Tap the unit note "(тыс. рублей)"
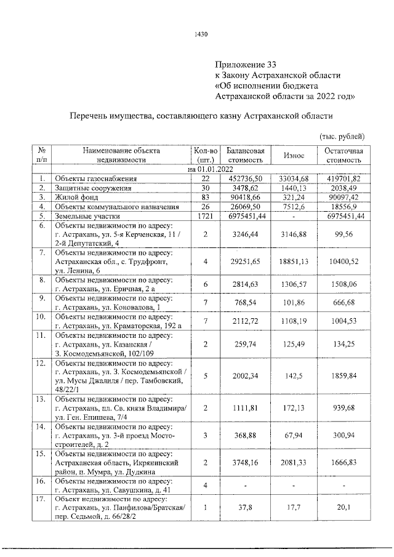[x=343, y=135]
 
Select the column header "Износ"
[x=292, y=155]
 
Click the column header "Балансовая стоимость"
[x=245, y=155]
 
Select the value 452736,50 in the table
[x=245, y=178]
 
